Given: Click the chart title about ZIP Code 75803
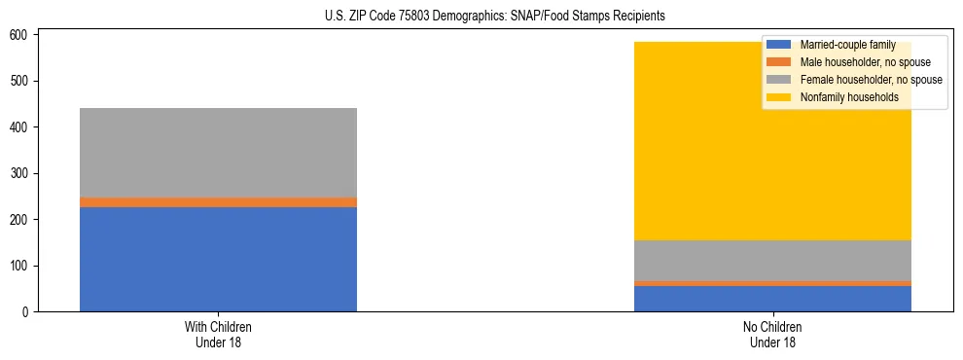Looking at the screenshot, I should [x=495, y=17].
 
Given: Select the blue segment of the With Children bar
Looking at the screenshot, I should [x=218, y=259].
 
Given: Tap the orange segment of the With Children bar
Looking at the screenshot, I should [x=218, y=202].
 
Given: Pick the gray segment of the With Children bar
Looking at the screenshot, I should [x=218, y=153].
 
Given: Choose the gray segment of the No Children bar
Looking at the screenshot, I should [x=772, y=261].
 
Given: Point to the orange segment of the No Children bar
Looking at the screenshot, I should [x=772, y=283].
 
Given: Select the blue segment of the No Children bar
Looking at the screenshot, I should [x=772, y=299].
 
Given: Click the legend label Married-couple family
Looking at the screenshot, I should [x=847, y=46].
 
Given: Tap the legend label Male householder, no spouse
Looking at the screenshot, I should [x=865, y=63].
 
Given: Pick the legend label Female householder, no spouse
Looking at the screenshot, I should [x=871, y=80].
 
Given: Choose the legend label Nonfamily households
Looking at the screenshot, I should [x=849, y=97].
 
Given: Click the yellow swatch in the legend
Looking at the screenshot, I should [x=779, y=97].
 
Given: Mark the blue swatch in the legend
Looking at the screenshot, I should [x=779, y=46].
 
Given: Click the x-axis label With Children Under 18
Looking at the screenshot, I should [x=218, y=334].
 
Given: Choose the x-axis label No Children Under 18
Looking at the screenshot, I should [x=772, y=334].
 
